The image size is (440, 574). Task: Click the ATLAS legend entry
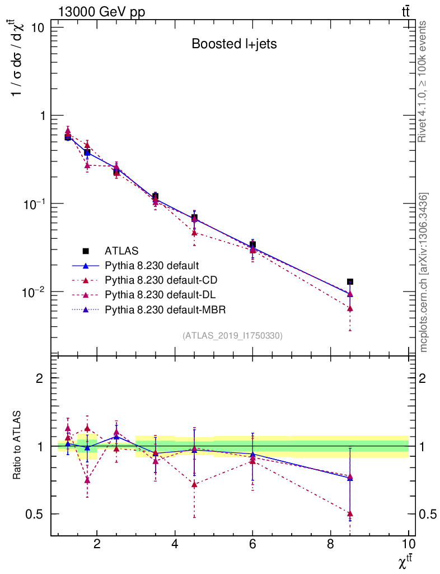(121, 251)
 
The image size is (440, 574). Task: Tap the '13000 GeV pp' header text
(101, 12)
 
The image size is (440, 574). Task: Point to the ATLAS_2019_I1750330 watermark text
(232, 336)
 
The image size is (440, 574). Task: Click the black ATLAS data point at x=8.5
(350, 282)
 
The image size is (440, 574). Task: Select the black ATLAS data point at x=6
(252, 244)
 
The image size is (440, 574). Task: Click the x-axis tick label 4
(175, 544)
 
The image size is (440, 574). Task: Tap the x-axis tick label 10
(408, 544)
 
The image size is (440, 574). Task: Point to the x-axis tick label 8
(330, 544)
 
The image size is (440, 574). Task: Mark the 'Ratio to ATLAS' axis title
(17, 446)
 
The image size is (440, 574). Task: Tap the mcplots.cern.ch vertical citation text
(424, 272)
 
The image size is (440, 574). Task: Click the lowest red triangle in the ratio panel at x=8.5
(350, 513)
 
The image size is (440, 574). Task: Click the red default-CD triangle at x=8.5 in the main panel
(350, 308)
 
